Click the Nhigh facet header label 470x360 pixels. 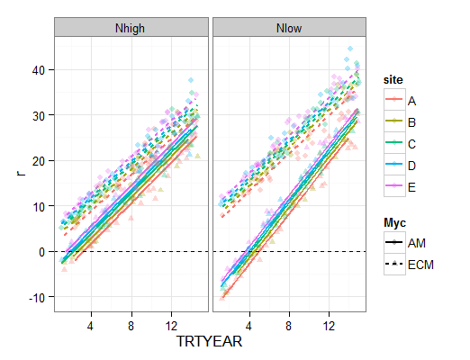coord(131,29)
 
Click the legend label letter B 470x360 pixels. coord(411,122)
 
